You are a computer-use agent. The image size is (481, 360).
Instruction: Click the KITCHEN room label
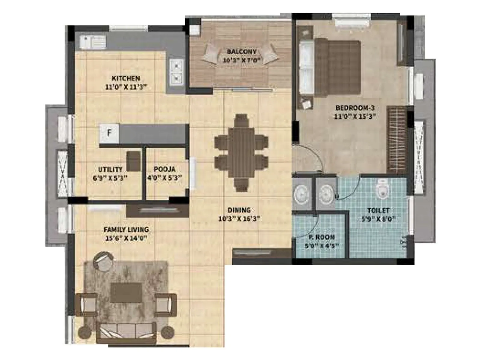(126, 78)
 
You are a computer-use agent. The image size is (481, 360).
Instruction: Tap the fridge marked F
(109, 133)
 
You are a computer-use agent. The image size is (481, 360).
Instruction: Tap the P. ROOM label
(321, 237)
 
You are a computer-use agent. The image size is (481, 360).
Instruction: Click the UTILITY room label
(110, 169)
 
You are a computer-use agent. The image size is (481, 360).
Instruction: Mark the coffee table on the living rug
(126, 292)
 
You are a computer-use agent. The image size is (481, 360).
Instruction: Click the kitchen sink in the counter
(89, 42)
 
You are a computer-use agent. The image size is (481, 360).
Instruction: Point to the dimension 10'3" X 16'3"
(239, 219)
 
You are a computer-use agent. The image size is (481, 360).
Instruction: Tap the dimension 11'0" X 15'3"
(355, 116)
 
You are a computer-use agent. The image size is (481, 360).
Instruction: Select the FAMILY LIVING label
(126, 229)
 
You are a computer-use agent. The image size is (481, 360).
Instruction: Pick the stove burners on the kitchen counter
(176, 72)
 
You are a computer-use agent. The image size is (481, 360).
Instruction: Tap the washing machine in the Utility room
(133, 161)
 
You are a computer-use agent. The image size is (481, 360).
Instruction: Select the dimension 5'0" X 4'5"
(321, 246)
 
